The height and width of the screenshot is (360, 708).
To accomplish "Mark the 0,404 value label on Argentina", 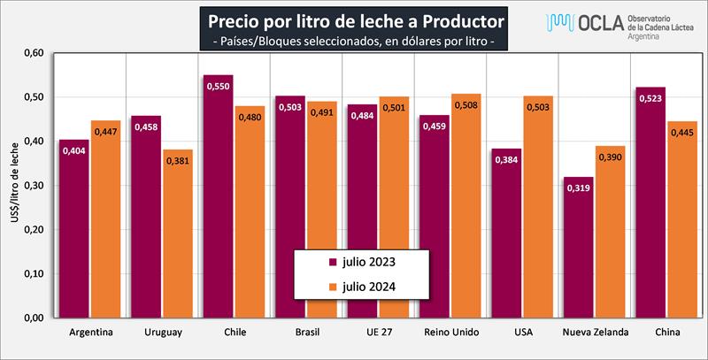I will pos(73,151).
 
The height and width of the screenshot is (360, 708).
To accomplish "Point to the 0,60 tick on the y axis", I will pos(32,53).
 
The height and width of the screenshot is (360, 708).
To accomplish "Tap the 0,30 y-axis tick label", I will pos(32,186).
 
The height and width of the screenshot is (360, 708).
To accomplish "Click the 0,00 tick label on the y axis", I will pos(32,318).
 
